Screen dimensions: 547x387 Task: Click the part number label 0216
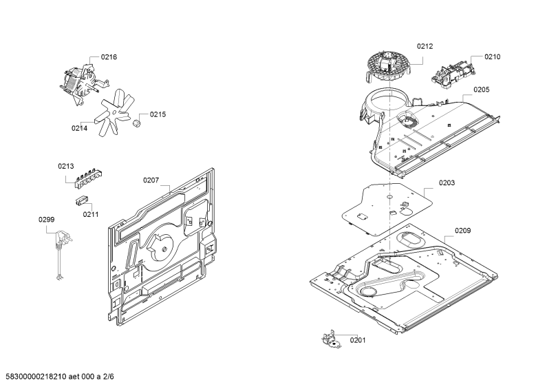click(x=109, y=57)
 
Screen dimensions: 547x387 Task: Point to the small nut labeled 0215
click(x=136, y=123)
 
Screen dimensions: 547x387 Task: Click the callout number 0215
click(x=158, y=114)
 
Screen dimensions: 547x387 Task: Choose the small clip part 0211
click(x=81, y=201)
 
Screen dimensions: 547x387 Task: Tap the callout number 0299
click(x=46, y=220)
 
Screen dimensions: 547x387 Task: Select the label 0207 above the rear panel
click(x=151, y=180)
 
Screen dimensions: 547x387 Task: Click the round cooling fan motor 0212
click(x=389, y=67)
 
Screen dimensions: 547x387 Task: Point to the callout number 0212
click(x=425, y=46)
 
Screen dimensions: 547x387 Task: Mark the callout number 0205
click(x=482, y=90)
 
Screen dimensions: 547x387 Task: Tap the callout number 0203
click(x=447, y=183)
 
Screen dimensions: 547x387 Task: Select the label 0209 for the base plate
click(x=462, y=231)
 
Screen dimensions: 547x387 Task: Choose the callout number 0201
click(x=358, y=340)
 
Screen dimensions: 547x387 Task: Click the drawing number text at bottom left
click(x=60, y=377)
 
